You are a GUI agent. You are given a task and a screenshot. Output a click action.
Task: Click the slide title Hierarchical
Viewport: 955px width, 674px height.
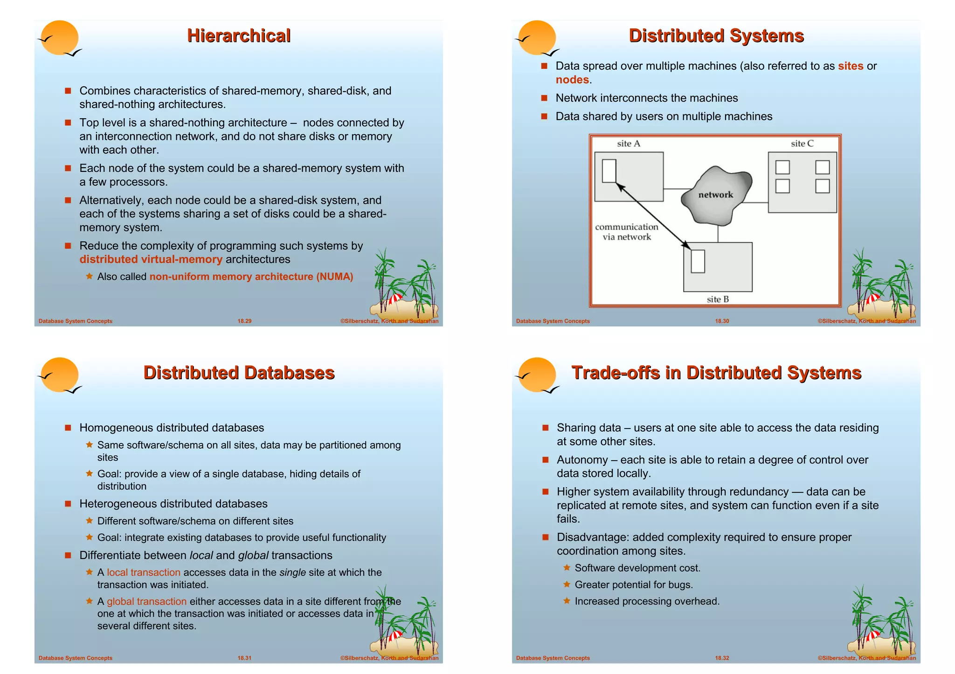(239, 36)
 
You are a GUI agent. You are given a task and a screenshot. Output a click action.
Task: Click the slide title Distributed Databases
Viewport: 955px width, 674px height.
(239, 373)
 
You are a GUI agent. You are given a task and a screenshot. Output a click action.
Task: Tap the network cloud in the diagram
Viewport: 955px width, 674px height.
(716, 195)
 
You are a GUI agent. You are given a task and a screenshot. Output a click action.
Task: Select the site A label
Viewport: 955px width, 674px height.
(628, 144)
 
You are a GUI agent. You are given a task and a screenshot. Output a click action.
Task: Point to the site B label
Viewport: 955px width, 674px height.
(717, 300)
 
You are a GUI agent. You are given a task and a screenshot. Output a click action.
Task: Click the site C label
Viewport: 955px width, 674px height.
(802, 144)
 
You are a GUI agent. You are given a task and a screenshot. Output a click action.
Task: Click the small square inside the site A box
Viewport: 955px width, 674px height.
(609, 170)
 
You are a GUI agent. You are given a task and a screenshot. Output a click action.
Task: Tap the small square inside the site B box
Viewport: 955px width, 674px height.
(698, 261)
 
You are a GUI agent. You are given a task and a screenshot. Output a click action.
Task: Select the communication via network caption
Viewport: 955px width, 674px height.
(626, 232)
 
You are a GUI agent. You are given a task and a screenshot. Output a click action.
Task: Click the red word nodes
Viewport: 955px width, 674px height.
(572, 80)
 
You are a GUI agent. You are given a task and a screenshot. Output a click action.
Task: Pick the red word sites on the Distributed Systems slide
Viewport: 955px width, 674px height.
(850, 66)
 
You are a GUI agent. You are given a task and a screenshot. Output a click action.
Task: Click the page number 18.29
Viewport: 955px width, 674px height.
(244, 321)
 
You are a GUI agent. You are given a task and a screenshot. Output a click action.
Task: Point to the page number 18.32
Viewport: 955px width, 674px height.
(722, 658)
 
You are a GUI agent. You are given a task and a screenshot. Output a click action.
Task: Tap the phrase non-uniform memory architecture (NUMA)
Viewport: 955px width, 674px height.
(251, 277)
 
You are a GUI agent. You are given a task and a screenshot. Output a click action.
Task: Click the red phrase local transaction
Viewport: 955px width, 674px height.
(144, 572)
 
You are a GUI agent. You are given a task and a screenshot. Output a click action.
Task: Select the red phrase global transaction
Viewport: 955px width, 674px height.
(146, 601)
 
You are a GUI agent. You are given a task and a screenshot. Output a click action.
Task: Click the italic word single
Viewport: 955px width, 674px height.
(292, 572)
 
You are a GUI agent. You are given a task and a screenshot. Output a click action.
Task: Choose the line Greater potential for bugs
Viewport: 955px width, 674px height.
(634, 585)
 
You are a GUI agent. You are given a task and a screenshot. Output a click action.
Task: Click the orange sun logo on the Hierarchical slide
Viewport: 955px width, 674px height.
(60, 38)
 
